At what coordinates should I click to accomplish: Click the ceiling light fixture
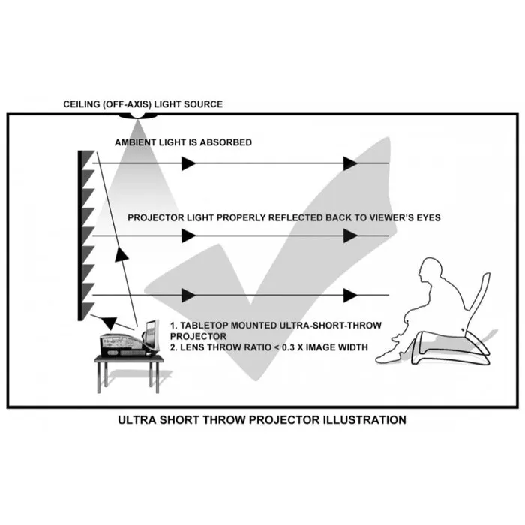[137, 115]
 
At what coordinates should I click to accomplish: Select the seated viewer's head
[430, 270]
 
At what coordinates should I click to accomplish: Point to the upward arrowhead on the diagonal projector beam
[121, 253]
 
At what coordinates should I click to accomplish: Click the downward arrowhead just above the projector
[109, 323]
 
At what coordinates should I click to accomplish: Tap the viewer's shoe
[389, 356]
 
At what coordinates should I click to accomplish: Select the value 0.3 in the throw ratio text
[288, 347]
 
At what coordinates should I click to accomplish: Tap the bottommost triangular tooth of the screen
[88, 310]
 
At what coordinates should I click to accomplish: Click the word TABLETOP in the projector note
[205, 325]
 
